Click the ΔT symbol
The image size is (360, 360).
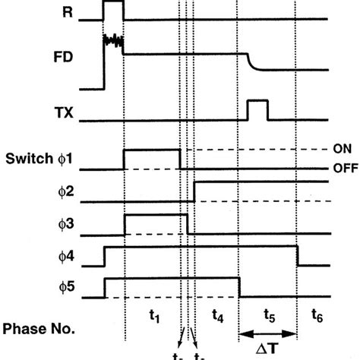267,349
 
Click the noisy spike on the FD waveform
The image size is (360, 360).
112,37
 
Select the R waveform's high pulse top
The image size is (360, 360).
112,2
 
